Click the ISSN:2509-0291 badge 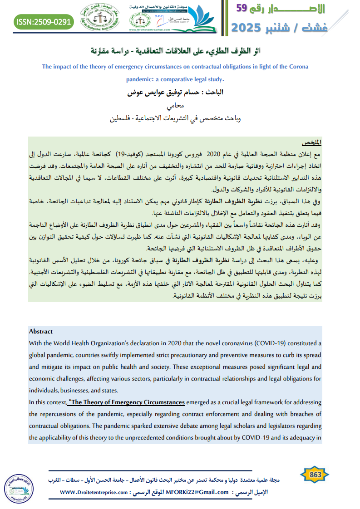click(x=44, y=21)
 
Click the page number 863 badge click(x=315, y=474)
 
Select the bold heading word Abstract click(x=41, y=331)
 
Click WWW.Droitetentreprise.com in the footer click(x=92, y=492)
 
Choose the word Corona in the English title click(x=298, y=66)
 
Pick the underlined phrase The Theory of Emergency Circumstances click(x=127, y=402)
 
